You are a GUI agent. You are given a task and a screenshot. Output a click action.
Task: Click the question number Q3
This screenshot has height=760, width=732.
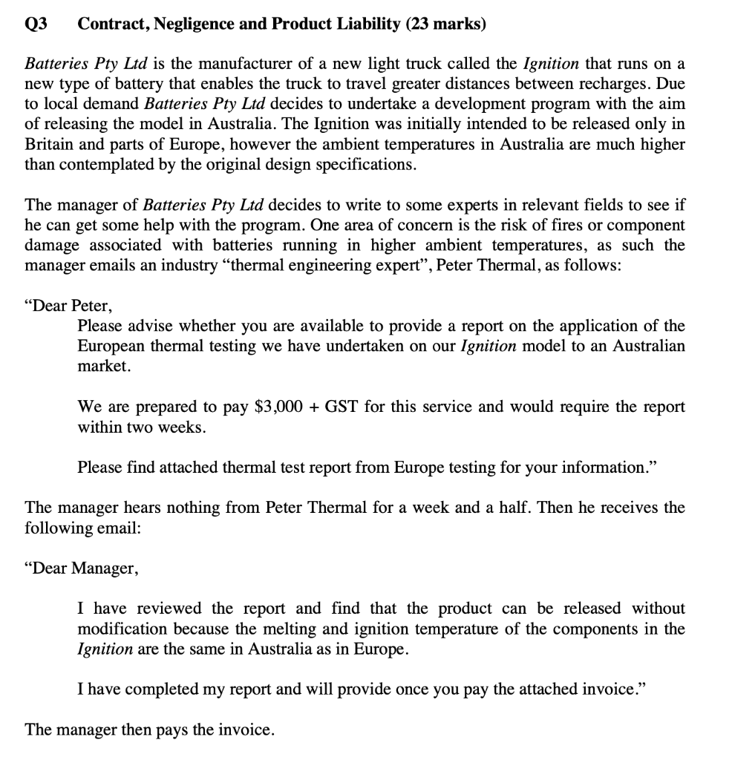tap(36, 24)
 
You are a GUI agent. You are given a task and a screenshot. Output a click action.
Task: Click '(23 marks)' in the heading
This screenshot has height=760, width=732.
tap(446, 24)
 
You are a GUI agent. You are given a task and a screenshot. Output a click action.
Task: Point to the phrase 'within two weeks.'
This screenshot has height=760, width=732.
tap(142, 427)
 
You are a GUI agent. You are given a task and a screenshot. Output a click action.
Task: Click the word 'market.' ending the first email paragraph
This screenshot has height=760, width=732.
tap(105, 367)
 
